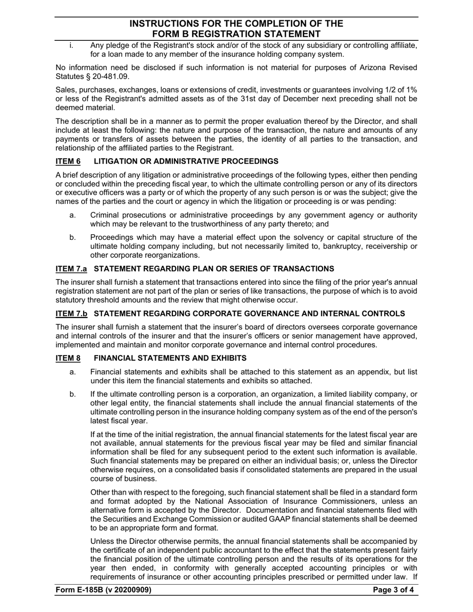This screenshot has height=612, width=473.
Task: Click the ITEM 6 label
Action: point(68,161)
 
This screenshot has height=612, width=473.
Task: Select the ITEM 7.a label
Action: point(71,269)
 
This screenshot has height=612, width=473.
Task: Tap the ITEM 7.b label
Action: point(71,313)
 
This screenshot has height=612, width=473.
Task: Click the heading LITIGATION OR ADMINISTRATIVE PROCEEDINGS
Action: point(186,161)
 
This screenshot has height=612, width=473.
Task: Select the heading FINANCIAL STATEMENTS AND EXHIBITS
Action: point(170,358)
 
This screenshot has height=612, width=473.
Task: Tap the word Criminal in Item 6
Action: point(106,215)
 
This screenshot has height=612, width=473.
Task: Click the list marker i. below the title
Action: point(72,46)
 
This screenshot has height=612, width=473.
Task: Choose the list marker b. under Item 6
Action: point(73,237)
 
